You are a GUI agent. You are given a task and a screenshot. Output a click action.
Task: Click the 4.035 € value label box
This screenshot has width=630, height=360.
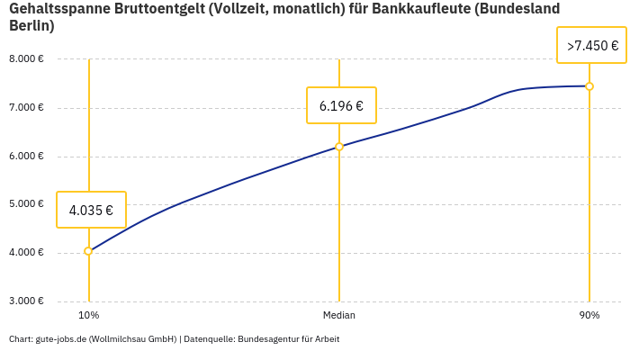pyautogui.click(x=91, y=210)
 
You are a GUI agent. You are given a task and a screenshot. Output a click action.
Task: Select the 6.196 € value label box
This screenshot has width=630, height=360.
pyautogui.click(x=341, y=105)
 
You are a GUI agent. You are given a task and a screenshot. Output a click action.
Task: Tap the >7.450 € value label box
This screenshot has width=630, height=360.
pyautogui.click(x=591, y=45)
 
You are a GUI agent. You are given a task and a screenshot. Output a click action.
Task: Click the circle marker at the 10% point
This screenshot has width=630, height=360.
pyautogui.click(x=88, y=251)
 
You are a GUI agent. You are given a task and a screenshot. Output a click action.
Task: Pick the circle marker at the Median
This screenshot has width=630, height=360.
pyautogui.click(x=339, y=147)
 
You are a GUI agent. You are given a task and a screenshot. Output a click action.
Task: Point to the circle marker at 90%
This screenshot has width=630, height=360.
pyautogui.click(x=589, y=86)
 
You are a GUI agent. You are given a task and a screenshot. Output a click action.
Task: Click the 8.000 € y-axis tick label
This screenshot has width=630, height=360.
pyautogui.click(x=26, y=59)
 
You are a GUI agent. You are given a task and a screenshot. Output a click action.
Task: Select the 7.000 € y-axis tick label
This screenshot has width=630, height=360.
pyautogui.click(x=26, y=108)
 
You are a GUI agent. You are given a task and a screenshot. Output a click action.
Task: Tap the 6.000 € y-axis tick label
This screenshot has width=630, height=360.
pyautogui.click(x=26, y=156)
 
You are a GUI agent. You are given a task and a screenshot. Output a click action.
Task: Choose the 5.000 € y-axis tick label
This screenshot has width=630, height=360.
pyautogui.click(x=26, y=204)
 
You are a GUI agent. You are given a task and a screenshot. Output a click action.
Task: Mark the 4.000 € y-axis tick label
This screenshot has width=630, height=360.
pyautogui.click(x=26, y=253)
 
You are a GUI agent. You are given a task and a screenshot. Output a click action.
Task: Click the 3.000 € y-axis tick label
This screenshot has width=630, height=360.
pyautogui.click(x=26, y=301)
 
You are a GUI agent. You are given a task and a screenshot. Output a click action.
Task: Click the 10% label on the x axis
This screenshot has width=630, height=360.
pyautogui.click(x=88, y=316)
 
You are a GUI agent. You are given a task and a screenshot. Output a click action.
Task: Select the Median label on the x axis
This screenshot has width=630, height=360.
pyautogui.click(x=339, y=316)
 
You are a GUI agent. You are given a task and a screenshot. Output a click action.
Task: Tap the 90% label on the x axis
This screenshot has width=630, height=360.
pyautogui.click(x=589, y=316)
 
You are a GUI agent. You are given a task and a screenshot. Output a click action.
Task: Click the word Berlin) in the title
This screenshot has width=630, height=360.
pyautogui.click(x=31, y=26)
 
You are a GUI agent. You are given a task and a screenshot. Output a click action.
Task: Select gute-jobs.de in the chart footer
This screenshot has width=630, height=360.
pyautogui.click(x=60, y=339)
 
